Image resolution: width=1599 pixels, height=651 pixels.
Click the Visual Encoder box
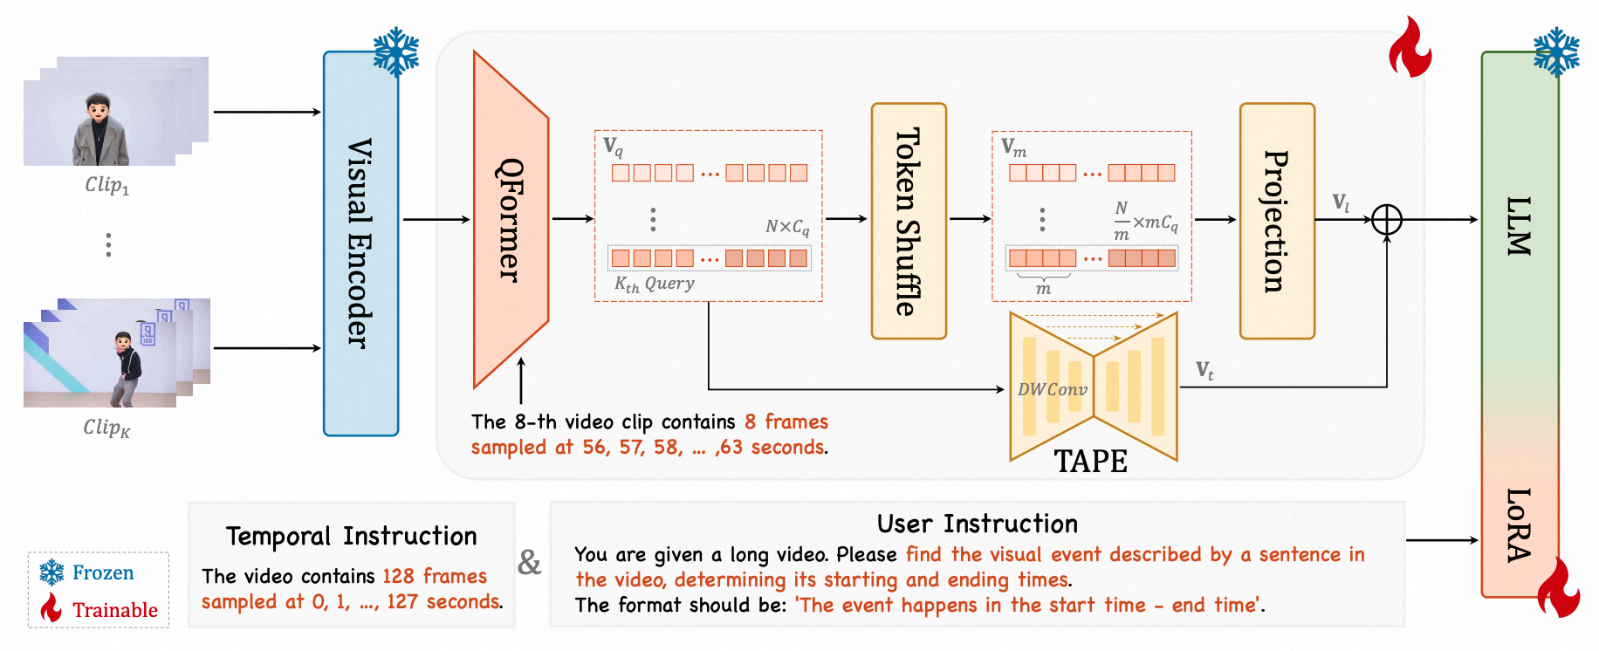pyautogui.click(x=360, y=243)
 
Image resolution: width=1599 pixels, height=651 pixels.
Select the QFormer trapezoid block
pyautogui.click(x=511, y=220)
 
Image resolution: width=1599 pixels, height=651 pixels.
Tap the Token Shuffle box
pyautogui.click(x=909, y=221)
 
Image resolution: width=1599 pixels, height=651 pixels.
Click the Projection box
pyautogui.click(x=1277, y=221)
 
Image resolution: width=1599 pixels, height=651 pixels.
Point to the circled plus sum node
pyautogui.click(x=1387, y=219)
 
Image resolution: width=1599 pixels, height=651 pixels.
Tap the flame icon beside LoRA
pyautogui.click(x=1559, y=586)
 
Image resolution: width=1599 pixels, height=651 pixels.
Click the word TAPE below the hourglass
pyautogui.click(x=1090, y=461)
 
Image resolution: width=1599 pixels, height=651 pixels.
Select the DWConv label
pyautogui.click(x=1053, y=389)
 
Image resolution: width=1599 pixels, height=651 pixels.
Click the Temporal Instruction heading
pyautogui.click(x=352, y=536)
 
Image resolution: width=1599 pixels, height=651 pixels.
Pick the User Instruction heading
pyautogui.click(x=978, y=524)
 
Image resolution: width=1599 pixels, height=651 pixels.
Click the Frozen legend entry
pyautogui.click(x=87, y=572)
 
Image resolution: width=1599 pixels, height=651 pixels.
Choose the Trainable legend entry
pyautogui.click(x=99, y=609)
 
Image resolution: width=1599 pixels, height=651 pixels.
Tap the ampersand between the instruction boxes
pyautogui.click(x=530, y=562)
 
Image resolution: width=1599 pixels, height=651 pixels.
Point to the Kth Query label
pyautogui.click(x=655, y=284)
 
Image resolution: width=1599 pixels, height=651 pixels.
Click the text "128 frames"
pyautogui.click(x=435, y=576)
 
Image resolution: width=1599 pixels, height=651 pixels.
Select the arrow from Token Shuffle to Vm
pyautogui.click(x=971, y=219)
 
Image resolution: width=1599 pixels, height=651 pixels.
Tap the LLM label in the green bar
pyautogui.click(x=1520, y=226)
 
